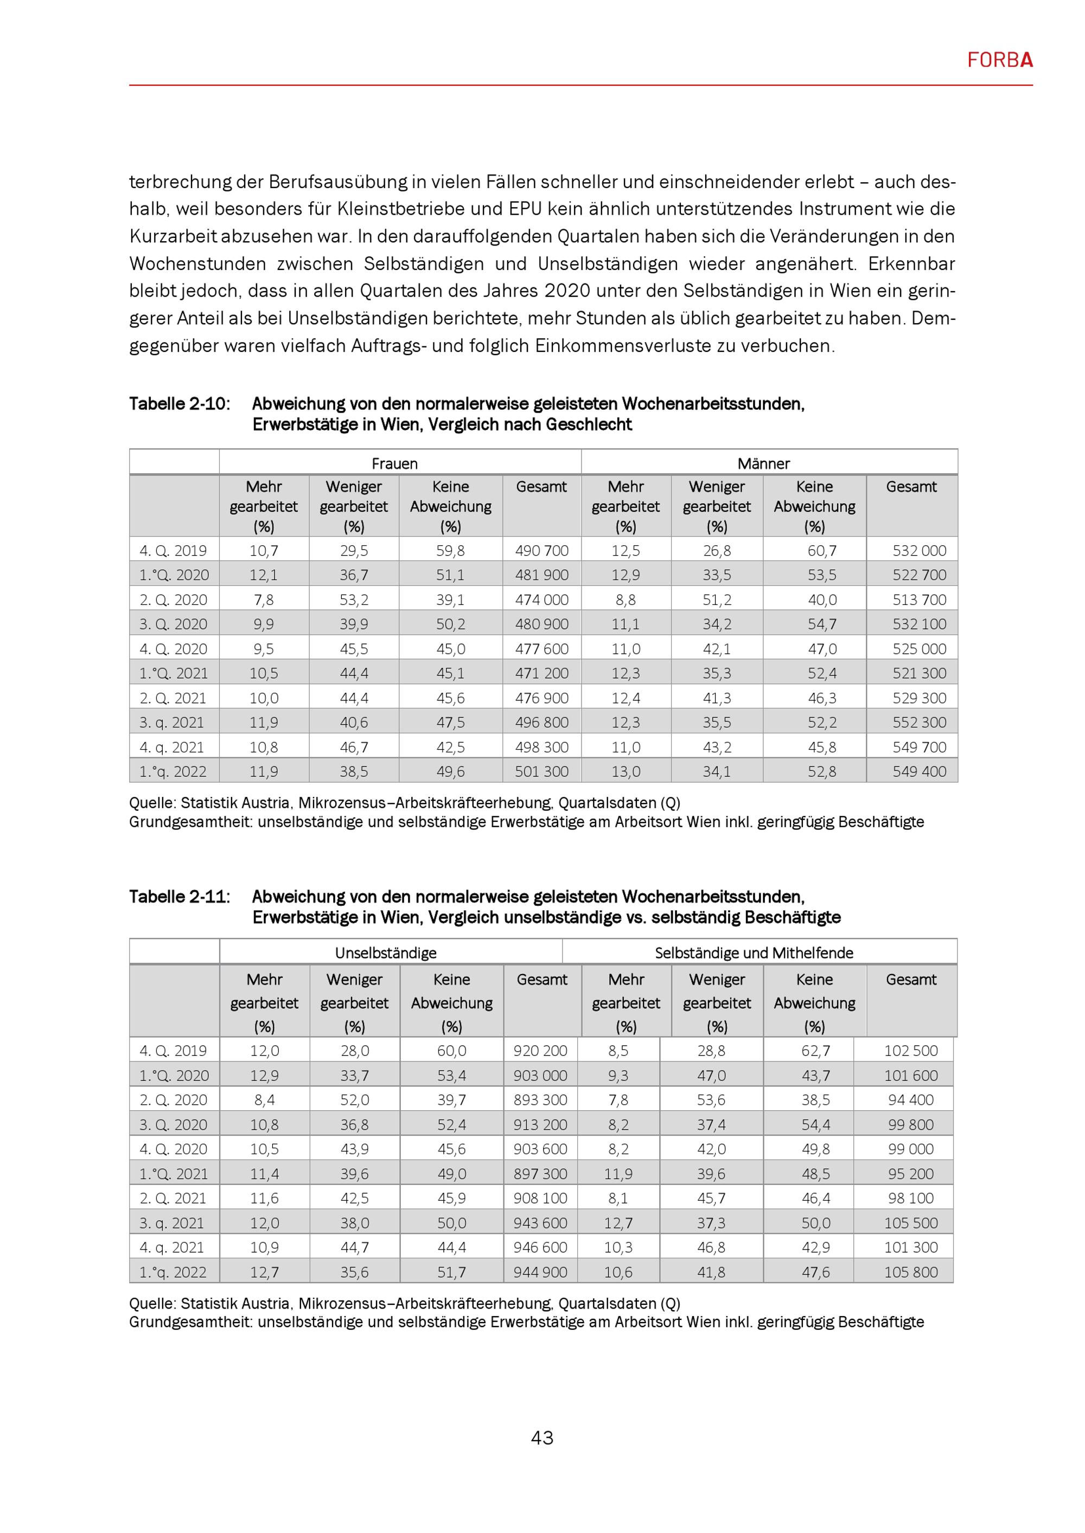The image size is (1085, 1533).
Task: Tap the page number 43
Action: tap(542, 1438)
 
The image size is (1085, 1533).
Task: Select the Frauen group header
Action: tap(394, 463)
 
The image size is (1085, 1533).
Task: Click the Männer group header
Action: tap(764, 463)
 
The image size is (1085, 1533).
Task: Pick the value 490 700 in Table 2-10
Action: tap(541, 551)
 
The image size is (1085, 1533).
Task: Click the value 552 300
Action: tap(920, 723)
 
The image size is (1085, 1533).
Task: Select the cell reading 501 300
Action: tap(541, 772)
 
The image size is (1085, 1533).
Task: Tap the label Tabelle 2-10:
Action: tap(179, 404)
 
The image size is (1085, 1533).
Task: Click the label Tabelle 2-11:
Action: tap(179, 897)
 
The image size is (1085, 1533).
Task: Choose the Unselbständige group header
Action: tap(386, 953)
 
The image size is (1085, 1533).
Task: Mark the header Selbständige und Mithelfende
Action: tap(754, 953)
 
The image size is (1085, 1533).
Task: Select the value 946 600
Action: tap(540, 1247)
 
